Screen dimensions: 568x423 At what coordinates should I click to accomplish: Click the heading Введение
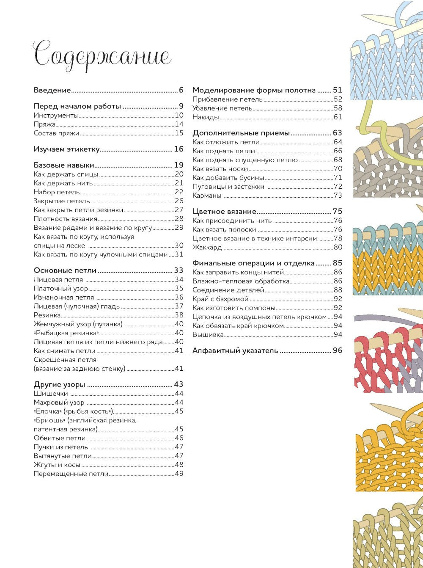[52, 90]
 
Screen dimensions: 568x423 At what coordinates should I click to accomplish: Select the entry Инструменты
[56, 115]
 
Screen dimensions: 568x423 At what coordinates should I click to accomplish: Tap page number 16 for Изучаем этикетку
[179, 149]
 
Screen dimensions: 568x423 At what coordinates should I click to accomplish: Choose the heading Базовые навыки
[64, 165]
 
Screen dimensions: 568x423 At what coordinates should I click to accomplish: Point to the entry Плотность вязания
[66, 219]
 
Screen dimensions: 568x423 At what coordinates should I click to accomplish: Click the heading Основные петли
[65, 270]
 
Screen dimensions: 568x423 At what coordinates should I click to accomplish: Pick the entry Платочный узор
[61, 288]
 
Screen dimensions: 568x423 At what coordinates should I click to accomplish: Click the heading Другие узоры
[60, 384]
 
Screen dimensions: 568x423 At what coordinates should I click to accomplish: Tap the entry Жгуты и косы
[57, 465]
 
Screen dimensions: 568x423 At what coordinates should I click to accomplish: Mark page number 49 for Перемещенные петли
[179, 474]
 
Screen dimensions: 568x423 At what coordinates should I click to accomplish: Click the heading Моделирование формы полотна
[254, 90]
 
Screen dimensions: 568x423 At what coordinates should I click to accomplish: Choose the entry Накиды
[206, 117]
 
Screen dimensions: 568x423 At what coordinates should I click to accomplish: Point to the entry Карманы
[207, 195]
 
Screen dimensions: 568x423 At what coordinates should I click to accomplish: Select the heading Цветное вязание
[224, 211]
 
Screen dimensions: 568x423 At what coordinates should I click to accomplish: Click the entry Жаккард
[207, 247]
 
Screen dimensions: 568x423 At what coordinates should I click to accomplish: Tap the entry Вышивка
[208, 334]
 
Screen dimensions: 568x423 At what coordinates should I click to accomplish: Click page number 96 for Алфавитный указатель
[337, 350]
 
